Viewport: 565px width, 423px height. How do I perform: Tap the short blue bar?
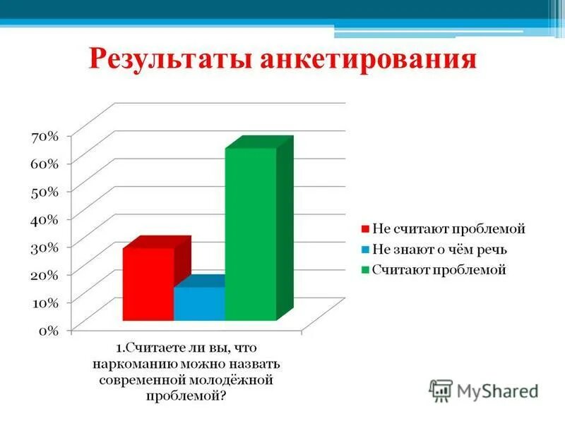tap(199, 304)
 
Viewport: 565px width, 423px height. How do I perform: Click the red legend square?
tap(365, 229)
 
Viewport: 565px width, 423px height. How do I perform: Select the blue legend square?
tap(365, 250)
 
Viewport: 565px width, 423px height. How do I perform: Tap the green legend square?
tap(365, 270)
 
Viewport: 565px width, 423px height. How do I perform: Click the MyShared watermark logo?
tap(484, 390)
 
